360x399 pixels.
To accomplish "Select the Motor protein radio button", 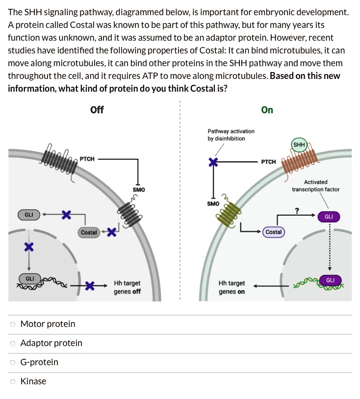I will click(x=13, y=324).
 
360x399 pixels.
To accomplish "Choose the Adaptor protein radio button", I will click(x=13, y=343).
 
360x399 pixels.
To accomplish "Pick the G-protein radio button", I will click(x=13, y=362).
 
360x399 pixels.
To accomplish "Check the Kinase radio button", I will click(x=13, y=381).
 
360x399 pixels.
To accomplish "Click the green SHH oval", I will click(x=299, y=145).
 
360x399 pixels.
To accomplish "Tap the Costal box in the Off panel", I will click(x=89, y=232).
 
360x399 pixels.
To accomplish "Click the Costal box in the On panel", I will click(x=274, y=231).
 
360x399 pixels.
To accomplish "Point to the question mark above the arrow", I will click(x=297, y=211).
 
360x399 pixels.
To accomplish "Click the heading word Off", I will click(x=97, y=110).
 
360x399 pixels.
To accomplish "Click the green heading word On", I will click(x=267, y=110).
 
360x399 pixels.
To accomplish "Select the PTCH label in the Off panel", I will click(x=87, y=159).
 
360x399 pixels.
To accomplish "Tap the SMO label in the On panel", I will click(x=213, y=203).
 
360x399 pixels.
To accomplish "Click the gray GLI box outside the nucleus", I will click(x=29, y=215).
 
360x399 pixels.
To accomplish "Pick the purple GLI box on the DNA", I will click(x=330, y=280).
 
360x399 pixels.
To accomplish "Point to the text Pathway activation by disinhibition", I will click(x=231, y=135).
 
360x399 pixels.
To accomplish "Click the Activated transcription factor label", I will click(x=315, y=185).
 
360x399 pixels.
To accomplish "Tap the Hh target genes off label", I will click(x=127, y=287).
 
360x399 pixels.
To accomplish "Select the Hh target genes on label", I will click(x=231, y=287).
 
